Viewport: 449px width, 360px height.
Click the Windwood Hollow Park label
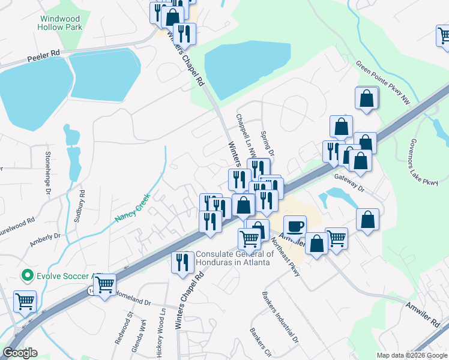59,23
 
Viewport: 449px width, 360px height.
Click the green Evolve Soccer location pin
26,276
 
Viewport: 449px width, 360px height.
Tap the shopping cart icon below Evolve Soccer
25,301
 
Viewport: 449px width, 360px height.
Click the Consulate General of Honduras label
234,258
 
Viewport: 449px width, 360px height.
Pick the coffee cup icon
295,226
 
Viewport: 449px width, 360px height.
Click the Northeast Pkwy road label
286,253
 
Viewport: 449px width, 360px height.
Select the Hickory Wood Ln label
160,334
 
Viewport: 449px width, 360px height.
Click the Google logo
20,353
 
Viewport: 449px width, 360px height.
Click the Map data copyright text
412,355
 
